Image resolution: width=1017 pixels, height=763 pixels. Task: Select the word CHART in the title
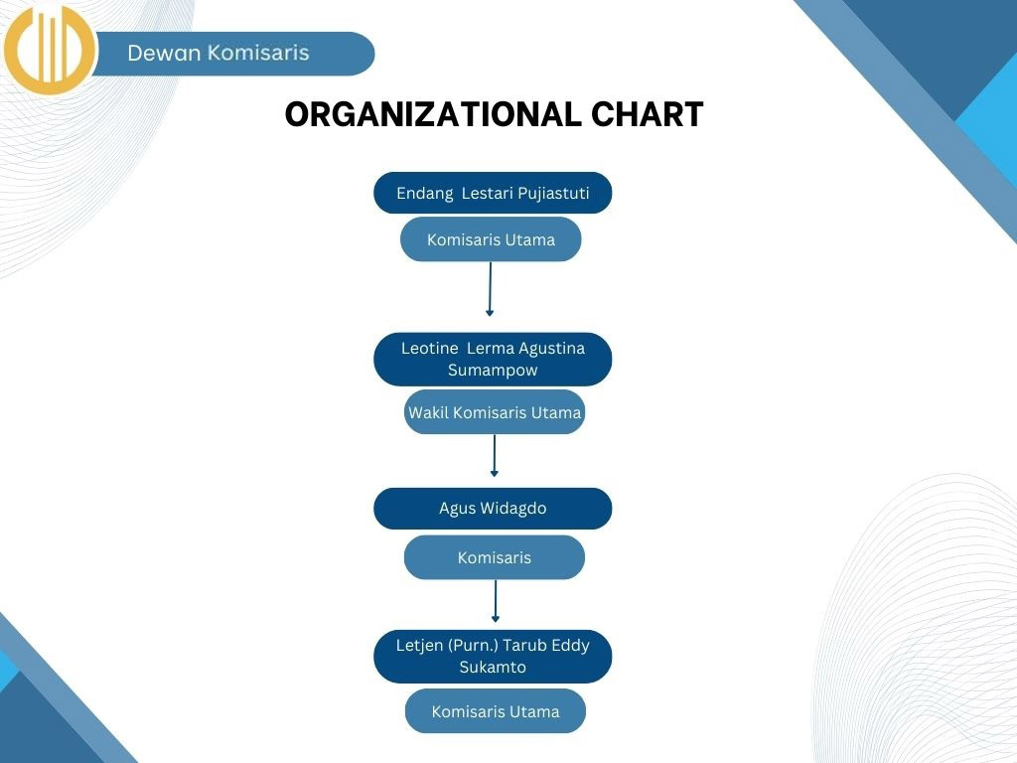coord(647,114)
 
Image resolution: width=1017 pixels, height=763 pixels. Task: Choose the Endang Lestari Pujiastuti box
coord(493,193)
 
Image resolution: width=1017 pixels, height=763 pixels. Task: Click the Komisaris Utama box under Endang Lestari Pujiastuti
coord(491,239)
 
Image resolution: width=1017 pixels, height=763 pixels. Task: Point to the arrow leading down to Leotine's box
coord(491,289)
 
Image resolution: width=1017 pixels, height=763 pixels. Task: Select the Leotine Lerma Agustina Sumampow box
coord(493,360)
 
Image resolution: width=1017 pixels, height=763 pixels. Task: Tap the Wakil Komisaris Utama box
coord(495,412)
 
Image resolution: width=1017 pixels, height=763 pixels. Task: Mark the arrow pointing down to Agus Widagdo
coord(495,456)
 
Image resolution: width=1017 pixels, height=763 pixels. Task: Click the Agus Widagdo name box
coord(493,508)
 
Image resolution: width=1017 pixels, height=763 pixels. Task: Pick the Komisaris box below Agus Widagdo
coord(495,557)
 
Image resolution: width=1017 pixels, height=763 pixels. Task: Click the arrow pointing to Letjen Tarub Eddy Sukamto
coord(496,601)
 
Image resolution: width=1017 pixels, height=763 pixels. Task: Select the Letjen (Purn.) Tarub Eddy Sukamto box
coord(493,656)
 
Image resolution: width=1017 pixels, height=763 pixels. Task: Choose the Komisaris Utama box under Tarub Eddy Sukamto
coord(496,711)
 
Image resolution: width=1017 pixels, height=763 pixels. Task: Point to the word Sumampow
coord(493,370)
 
